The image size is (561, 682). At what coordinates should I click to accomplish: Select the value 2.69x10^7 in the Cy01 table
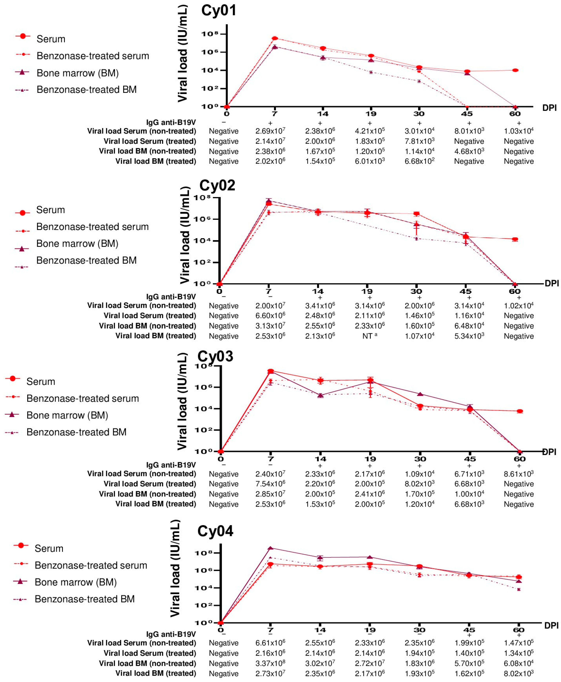270,131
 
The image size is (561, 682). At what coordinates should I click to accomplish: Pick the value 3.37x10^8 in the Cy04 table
270,663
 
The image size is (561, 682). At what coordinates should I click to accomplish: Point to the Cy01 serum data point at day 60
515,70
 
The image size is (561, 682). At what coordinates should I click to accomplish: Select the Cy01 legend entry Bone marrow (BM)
78,73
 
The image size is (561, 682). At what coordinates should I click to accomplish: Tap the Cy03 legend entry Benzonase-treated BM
76,432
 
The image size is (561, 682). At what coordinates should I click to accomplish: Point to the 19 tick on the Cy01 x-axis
371,114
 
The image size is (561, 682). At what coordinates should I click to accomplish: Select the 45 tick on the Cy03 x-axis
470,459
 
